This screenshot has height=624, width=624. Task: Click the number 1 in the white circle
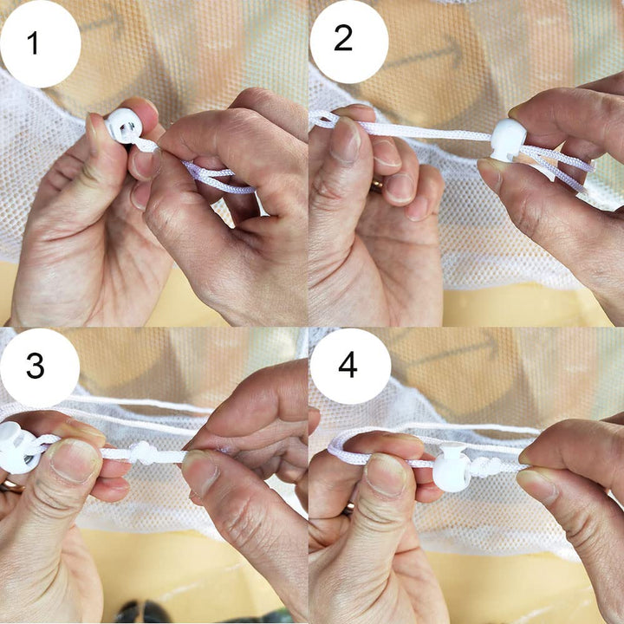[x=33, y=42]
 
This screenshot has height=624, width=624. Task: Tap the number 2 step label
[x=343, y=38]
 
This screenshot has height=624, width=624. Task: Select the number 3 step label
[x=35, y=366]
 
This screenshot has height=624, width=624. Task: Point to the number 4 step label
[x=348, y=365]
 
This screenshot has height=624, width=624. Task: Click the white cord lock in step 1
[x=123, y=126]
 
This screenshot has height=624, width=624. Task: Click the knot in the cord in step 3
[x=145, y=453]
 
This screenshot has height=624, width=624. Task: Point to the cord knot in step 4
[x=487, y=467]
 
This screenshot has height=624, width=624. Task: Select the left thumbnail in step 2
[x=346, y=140]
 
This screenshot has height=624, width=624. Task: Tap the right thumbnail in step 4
[x=536, y=484]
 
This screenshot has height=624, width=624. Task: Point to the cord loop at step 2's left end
[x=323, y=120]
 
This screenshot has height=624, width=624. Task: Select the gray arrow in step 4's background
[x=453, y=350]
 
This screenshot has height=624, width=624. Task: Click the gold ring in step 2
[x=377, y=185]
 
